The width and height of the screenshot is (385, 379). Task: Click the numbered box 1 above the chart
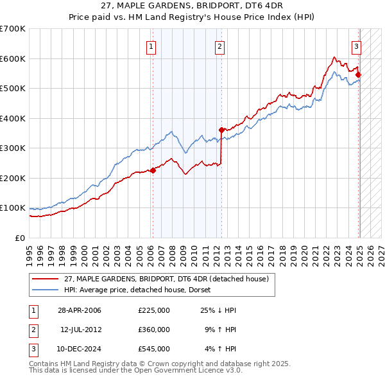[151, 46]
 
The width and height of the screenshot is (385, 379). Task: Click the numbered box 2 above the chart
[219, 46]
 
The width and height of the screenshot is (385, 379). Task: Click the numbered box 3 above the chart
[356, 46]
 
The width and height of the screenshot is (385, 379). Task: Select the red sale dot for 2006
[153, 170]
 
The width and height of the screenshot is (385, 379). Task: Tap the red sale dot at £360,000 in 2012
[221, 130]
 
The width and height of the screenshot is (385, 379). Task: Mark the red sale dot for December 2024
[358, 75]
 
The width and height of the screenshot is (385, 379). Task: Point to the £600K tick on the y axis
[13, 58]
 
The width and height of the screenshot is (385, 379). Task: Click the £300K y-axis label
[13, 148]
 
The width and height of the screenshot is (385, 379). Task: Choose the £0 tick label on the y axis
[19, 238]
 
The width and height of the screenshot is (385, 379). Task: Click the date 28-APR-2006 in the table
[79, 310]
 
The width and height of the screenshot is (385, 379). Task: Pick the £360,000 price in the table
[154, 330]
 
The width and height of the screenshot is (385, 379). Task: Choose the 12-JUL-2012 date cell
[81, 330]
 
